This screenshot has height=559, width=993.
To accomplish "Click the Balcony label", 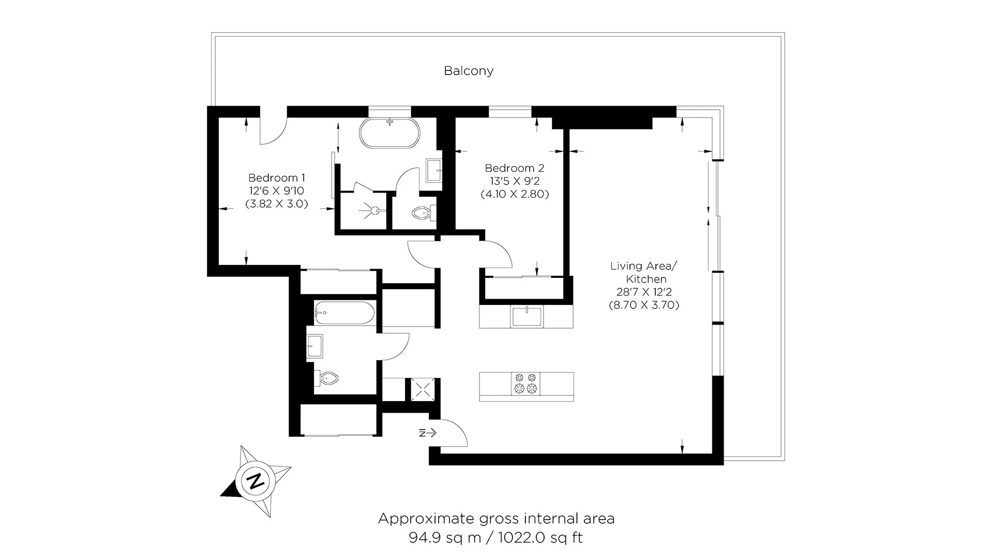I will (x=469, y=71).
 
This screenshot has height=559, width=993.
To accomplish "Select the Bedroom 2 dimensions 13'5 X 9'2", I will (x=514, y=181).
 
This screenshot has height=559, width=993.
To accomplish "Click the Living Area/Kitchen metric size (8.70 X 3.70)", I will (x=644, y=305).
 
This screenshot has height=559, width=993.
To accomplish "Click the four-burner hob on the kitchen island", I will (x=525, y=384).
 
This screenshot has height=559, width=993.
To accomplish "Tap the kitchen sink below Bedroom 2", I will (x=527, y=316).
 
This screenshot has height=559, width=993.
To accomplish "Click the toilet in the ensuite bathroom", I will (x=422, y=213).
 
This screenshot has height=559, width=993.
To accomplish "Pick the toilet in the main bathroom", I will (x=327, y=378).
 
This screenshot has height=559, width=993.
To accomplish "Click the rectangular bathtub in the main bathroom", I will (x=343, y=313).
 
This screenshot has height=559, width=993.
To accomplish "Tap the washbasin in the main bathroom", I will (x=314, y=346).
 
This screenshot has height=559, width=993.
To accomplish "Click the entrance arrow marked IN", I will (x=428, y=433).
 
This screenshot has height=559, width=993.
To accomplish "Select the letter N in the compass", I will (x=254, y=481).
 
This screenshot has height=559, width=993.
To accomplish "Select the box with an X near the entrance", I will (x=422, y=389).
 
